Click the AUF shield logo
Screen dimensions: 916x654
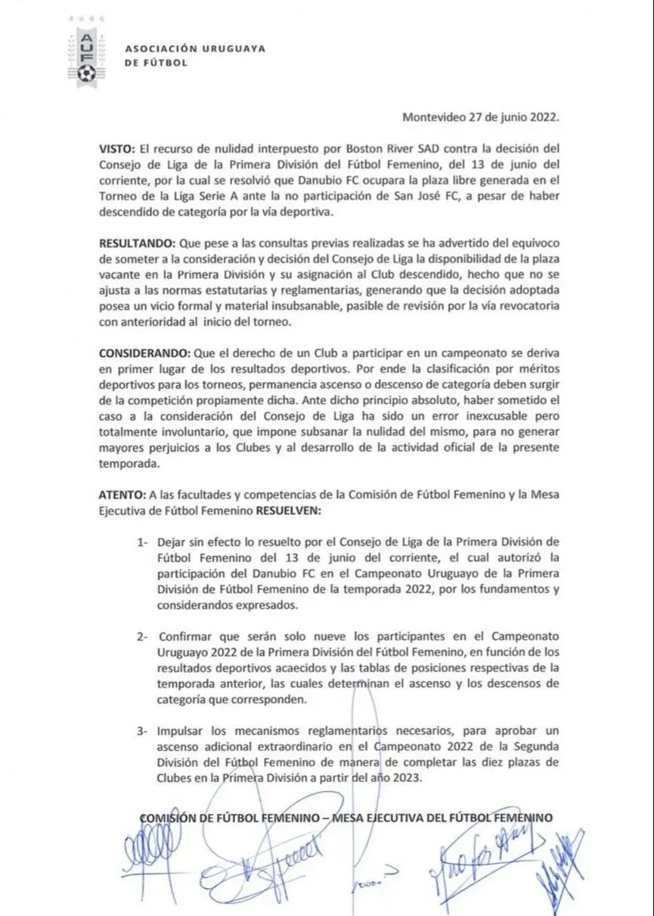(x=87, y=55)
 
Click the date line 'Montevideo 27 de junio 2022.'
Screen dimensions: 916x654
(x=480, y=117)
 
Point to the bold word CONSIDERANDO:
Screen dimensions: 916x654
(x=144, y=353)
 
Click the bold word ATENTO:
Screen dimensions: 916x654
(x=122, y=494)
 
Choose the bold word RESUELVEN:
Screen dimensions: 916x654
(x=289, y=511)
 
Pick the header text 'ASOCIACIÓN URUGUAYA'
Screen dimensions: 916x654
(x=194, y=48)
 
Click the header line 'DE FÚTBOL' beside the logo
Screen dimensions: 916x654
(x=156, y=63)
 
